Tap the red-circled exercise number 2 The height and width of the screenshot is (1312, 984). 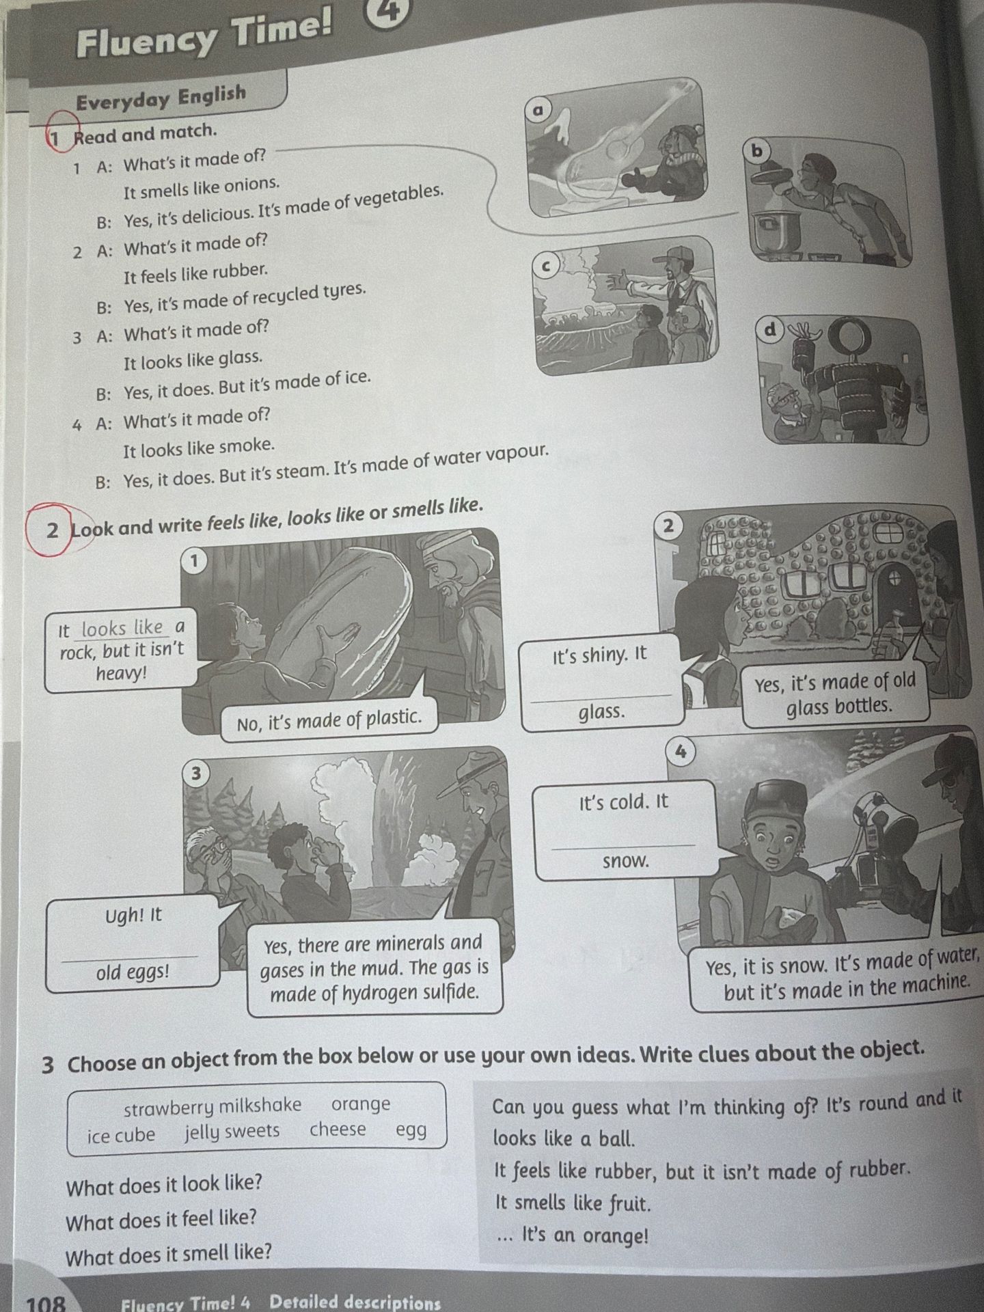pos(53,530)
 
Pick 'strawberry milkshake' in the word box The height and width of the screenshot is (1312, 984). pos(213,1105)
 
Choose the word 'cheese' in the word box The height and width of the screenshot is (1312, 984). pos(338,1129)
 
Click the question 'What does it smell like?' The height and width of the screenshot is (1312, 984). pos(168,1253)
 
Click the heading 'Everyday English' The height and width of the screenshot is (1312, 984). pos(161,97)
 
